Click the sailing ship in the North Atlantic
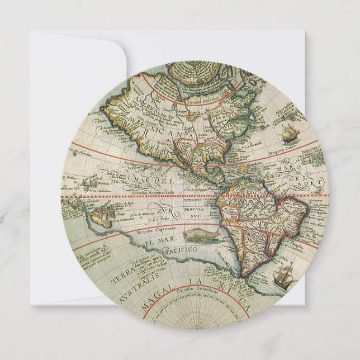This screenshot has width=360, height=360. [289, 133]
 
